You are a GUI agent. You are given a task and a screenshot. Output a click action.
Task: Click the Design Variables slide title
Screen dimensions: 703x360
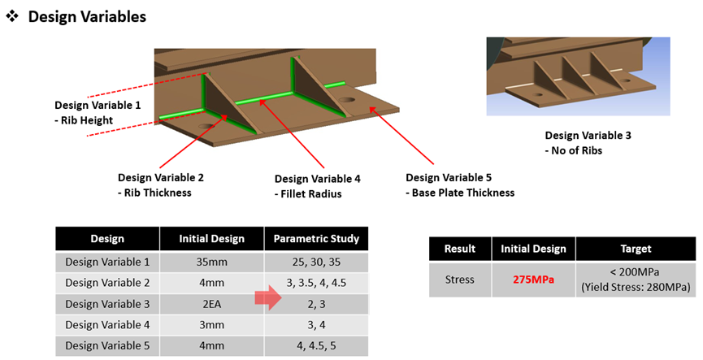[87, 17]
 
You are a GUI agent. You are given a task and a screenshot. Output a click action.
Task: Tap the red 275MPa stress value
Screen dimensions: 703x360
[533, 280]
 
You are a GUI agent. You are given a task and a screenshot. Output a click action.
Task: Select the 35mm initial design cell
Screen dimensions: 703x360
[211, 262]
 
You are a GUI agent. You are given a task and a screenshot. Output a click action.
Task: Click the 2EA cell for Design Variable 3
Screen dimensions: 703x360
[211, 304]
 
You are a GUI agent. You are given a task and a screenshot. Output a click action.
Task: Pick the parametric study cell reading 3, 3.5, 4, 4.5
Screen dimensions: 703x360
[316, 283]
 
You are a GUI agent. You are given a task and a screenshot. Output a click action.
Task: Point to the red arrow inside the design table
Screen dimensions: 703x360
[268, 297]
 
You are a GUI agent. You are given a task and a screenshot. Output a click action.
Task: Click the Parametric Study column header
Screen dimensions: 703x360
[316, 238]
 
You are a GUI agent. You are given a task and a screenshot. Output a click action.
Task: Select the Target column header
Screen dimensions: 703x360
[636, 249]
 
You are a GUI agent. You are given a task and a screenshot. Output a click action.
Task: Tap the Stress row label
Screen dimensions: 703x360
[459, 280]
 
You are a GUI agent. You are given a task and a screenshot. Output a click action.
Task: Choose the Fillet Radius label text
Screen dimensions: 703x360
[308, 194]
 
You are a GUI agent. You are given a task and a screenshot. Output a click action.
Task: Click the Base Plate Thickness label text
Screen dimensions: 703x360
[460, 193]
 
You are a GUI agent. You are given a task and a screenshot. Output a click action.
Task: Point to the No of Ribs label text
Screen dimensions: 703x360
[574, 150]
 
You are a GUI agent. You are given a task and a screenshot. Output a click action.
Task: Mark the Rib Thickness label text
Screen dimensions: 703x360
[154, 193]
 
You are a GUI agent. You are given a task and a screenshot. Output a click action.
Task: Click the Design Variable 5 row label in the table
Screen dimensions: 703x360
[107, 345]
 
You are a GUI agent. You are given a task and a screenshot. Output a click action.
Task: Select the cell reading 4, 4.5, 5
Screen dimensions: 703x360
[316, 345]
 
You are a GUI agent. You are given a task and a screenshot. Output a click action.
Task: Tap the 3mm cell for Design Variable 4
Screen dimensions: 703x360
[211, 324]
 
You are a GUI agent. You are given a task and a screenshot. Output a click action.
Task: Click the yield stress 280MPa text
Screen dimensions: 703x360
[636, 287]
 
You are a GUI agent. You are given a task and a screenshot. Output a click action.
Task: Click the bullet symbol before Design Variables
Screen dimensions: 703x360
[12, 16]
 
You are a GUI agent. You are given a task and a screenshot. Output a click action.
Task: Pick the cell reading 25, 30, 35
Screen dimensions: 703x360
[316, 262]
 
